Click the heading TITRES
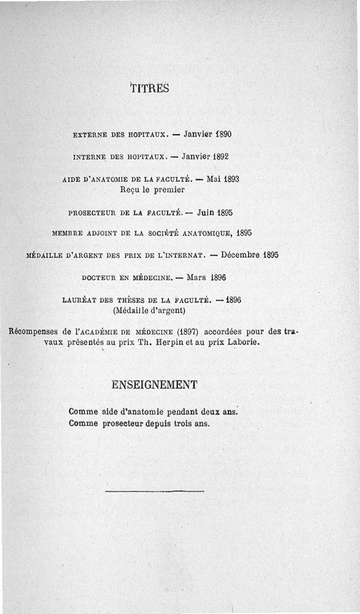coord(150,88)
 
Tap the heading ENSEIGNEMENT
coord(154,385)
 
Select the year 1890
coord(223,134)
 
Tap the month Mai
coord(213,179)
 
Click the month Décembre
coord(241,255)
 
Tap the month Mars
coord(196,277)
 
